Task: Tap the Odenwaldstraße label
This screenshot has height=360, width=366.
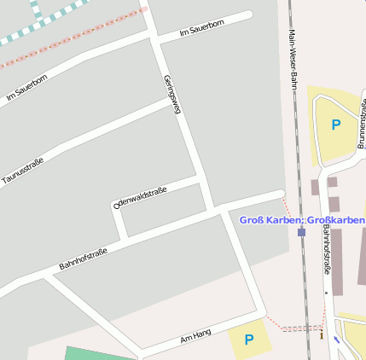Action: (x=140, y=197)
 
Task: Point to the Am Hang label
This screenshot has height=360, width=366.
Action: (x=195, y=335)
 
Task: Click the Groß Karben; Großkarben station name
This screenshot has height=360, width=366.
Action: (x=301, y=220)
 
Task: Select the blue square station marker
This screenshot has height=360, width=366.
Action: (x=301, y=231)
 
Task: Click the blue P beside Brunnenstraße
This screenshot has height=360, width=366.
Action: (x=335, y=125)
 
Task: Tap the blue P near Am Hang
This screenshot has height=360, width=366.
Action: (x=249, y=340)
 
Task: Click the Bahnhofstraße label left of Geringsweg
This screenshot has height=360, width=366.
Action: (x=83, y=258)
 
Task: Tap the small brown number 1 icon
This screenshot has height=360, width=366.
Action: (x=322, y=334)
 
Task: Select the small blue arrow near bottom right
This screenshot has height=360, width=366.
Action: (x=336, y=340)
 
